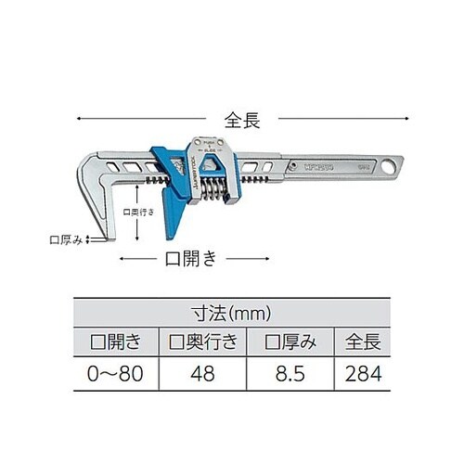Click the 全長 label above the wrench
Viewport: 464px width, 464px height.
pyautogui.click(x=238, y=119)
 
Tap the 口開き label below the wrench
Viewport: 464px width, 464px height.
pyautogui.click(x=190, y=259)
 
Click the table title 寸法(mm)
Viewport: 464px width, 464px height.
pyautogui.click(x=232, y=314)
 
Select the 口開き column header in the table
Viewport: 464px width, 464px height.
pyautogui.click(x=116, y=342)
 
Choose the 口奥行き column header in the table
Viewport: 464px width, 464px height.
pyautogui.click(x=202, y=342)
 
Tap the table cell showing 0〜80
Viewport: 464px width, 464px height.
pyautogui.click(x=116, y=374)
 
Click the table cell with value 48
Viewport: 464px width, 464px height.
pyautogui.click(x=202, y=374)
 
